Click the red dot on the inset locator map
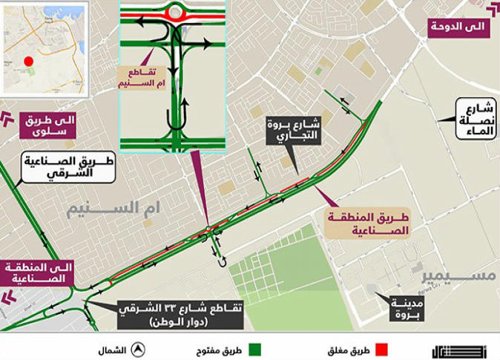pos(28,61)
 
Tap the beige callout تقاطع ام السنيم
pos(139,76)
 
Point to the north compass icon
pos(138,350)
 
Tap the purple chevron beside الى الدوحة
pos(493,10)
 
